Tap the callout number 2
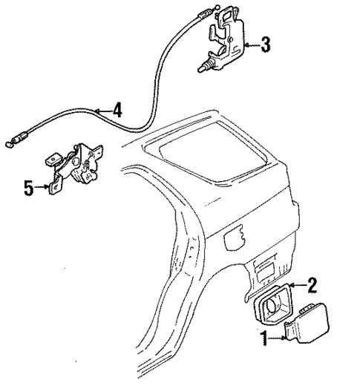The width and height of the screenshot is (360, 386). point(312,284)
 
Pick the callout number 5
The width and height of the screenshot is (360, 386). point(28,188)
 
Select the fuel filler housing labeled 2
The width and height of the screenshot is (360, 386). point(276,305)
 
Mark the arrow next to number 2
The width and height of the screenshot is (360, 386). point(298,284)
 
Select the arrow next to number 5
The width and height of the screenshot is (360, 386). point(42,188)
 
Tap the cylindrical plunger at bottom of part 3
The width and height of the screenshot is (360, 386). point(203,68)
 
